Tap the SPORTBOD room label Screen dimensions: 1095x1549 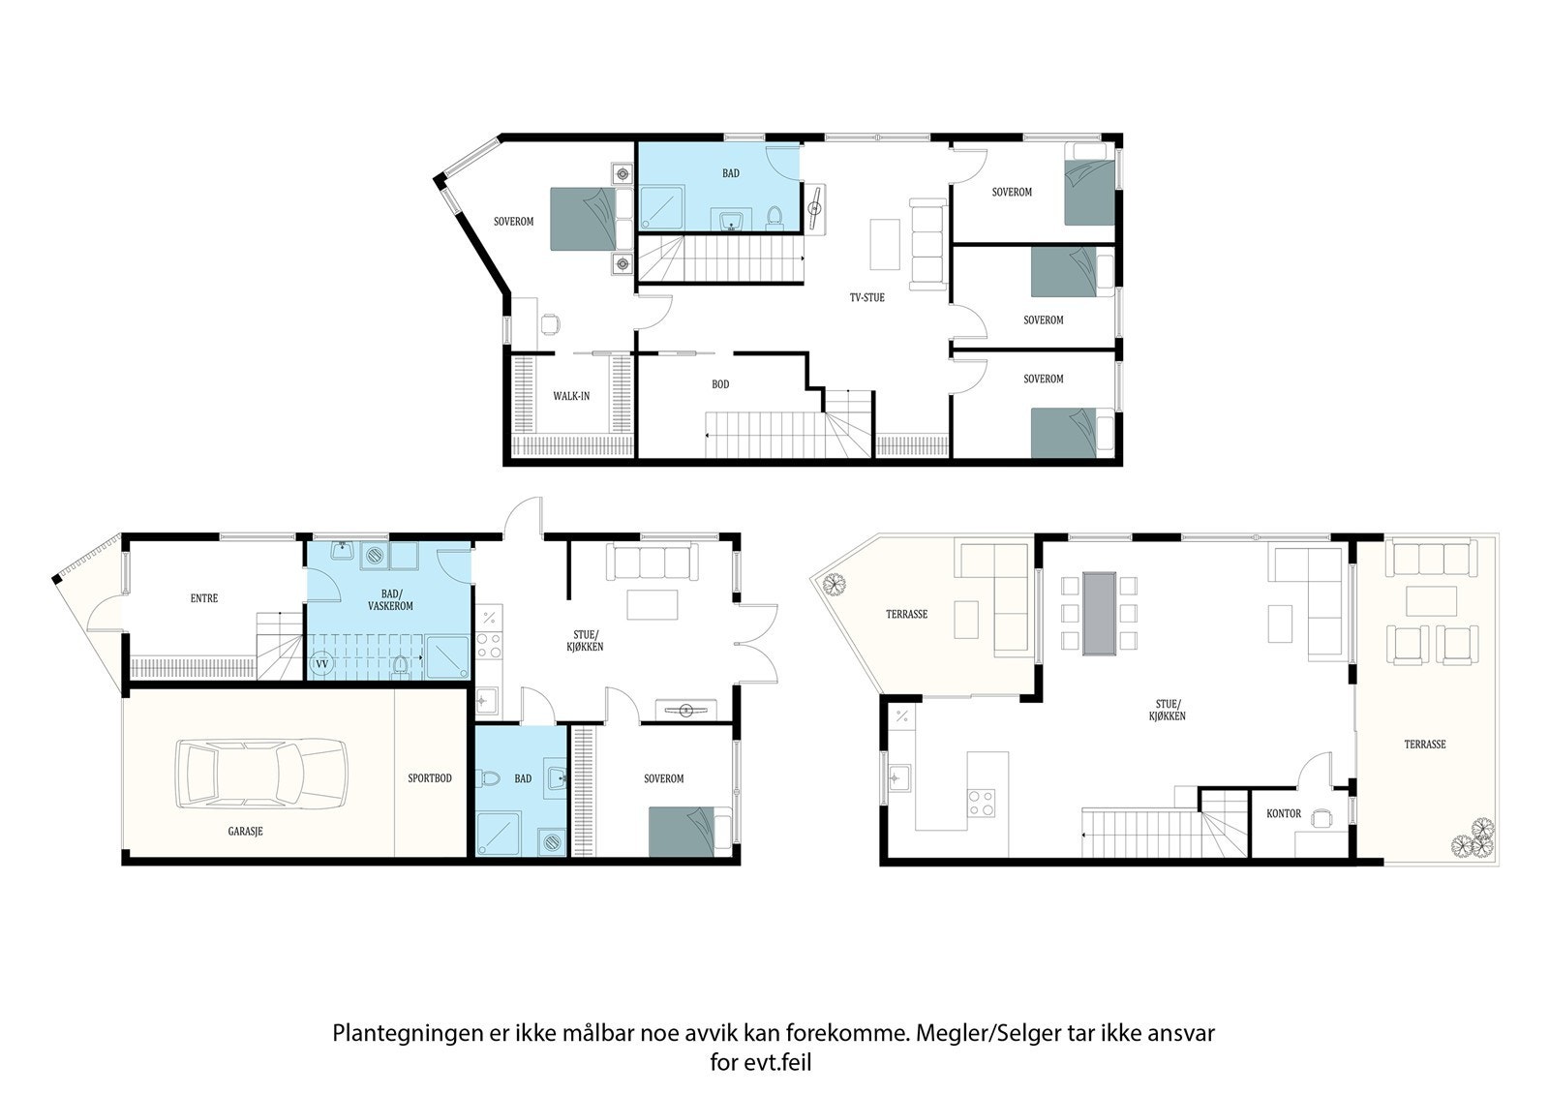point(430,778)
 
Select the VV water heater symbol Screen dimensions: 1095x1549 point(322,665)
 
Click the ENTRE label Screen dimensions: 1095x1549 point(204,598)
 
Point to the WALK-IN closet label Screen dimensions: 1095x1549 point(571,396)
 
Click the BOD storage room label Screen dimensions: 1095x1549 point(720,384)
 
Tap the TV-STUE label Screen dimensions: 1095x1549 point(867,297)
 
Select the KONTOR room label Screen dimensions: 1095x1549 point(1284,813)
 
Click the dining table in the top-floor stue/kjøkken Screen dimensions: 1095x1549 point(1099,612)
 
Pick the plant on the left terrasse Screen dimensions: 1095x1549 point(832,584)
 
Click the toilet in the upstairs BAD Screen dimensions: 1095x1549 point(774,214)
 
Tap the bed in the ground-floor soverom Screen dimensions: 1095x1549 point(689,831)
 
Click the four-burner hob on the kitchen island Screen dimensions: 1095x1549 point(982,802)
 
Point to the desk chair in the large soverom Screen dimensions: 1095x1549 point(550,323)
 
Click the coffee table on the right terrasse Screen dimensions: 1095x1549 point(1433,600)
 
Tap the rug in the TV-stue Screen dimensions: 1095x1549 point(884,244)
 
